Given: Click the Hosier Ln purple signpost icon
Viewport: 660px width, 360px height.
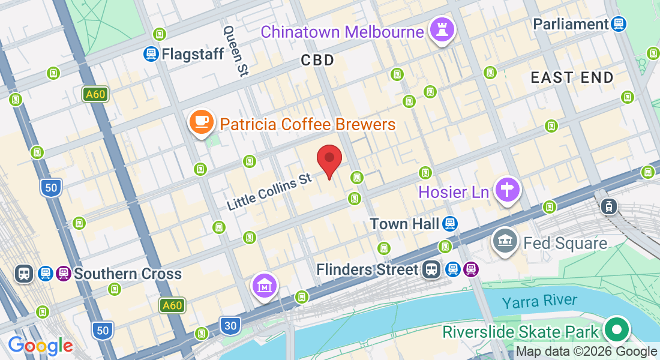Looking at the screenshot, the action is tap(508, 190).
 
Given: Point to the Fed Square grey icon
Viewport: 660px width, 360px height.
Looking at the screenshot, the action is tap(505, 241).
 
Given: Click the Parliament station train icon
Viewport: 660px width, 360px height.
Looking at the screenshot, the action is tap(619, 24).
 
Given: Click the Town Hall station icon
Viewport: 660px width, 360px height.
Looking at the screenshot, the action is tap(448, 224).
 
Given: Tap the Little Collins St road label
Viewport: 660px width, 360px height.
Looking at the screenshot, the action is tap(269, 191).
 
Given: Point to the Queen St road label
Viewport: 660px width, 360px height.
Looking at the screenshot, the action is tap(235, 50).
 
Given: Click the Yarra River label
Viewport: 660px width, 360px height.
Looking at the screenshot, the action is tap(540, 301).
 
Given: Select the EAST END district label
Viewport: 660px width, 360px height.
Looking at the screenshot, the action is tap(572, 77).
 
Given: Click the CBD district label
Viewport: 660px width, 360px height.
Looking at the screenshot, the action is tap(317, 60).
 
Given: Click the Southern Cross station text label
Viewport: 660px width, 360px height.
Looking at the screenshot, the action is tap(127, 274).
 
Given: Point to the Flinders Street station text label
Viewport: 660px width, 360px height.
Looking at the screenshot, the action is tap(367, 269).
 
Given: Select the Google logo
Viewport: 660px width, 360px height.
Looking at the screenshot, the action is tap(40, 346).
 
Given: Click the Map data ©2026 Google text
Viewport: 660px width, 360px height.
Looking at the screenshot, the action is tap(586, 352).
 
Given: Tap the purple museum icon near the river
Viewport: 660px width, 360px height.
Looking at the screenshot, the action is tap(265, 286).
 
